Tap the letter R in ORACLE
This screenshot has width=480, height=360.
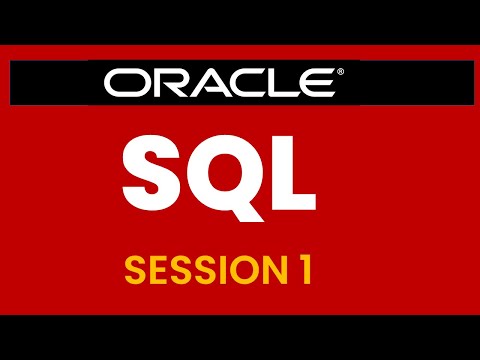[172, 82]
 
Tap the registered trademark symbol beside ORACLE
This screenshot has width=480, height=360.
[341, 72]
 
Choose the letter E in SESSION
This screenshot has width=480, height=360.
[162, 268]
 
